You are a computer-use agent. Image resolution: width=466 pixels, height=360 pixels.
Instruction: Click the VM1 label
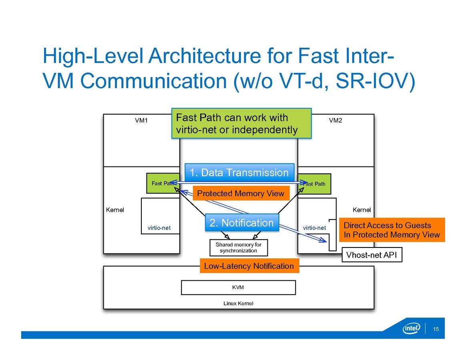(142, 120)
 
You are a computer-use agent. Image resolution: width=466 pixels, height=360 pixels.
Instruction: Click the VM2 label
(335, 120)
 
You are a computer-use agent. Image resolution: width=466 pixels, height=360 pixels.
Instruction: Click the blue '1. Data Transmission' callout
(239, 173)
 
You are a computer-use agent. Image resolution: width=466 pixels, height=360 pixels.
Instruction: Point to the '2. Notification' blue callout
(242, 223)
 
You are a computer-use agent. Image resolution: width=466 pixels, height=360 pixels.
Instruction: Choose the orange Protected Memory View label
(241, 194)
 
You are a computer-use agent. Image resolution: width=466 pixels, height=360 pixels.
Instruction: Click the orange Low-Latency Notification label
(249, 266)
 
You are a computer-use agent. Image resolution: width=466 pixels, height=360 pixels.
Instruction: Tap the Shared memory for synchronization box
(239, 247)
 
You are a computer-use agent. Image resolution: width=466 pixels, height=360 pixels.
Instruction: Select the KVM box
(238, 287)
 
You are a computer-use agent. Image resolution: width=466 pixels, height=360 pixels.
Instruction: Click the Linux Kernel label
(238, 303)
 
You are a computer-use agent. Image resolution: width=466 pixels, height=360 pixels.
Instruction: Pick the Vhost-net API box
(372, 255)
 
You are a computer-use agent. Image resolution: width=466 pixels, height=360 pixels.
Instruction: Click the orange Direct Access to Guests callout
(392, 230)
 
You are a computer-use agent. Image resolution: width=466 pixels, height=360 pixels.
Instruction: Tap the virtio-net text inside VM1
(159, 228)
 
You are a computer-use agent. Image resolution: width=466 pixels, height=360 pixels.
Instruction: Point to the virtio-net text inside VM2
(314, 228)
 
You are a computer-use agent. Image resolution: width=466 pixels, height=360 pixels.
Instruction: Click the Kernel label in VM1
(115, 210)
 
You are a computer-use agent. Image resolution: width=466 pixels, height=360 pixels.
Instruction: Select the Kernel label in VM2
(362, 210)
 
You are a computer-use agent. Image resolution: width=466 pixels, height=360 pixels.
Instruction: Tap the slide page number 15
(436, 329)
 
